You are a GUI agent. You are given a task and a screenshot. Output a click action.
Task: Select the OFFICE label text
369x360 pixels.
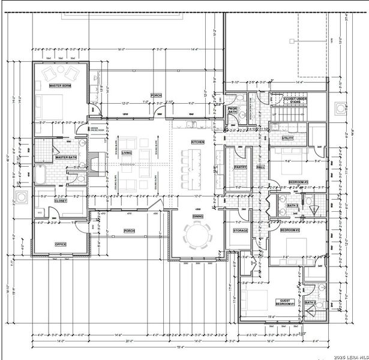[60, 244]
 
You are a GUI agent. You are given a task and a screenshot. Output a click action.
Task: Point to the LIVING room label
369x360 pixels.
[127, 153]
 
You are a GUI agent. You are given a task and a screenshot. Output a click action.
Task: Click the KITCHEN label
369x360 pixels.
[198, 142]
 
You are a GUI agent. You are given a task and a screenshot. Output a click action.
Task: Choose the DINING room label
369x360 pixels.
[198, 216]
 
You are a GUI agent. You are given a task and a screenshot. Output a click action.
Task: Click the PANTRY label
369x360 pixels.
[241, 167]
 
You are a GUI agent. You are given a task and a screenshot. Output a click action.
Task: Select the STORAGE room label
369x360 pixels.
[241, 230]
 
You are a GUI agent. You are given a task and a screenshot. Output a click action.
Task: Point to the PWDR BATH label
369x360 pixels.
[233, 110]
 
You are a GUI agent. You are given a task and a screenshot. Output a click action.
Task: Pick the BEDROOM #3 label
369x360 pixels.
[298, 181]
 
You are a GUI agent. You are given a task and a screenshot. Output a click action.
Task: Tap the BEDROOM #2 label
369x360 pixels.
[290, 230]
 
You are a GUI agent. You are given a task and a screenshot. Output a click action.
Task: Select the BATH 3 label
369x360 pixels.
[293, 206]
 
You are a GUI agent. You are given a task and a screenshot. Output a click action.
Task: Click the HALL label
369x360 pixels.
[260, 167]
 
